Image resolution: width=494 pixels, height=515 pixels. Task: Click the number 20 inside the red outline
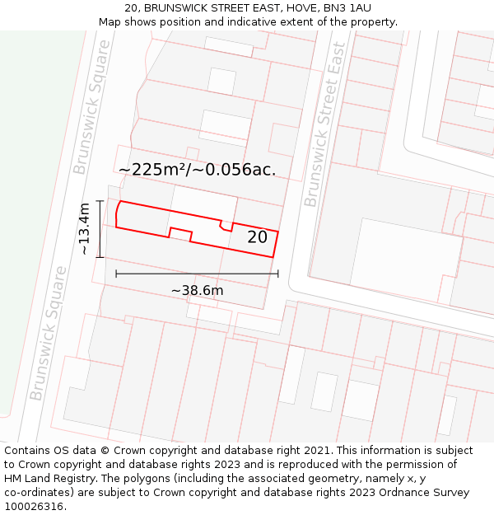pos(257,237)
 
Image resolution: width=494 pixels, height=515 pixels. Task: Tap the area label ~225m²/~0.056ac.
pos(198,170)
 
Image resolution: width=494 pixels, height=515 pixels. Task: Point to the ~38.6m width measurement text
pos(197,290)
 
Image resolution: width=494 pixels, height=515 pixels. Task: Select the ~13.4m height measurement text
pos(84,228)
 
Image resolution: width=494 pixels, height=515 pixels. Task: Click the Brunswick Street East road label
pos(324,137)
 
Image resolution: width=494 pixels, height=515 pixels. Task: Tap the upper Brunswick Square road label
pos(91,108)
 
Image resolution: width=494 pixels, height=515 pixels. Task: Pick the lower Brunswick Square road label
pos(49,333)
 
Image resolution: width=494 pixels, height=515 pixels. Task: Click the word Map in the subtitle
pos(110,22)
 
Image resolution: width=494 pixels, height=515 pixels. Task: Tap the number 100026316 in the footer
pos(35,507)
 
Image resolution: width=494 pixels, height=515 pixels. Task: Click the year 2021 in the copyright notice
pos(317,451)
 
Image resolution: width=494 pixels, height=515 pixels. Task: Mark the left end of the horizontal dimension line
pos(116,274)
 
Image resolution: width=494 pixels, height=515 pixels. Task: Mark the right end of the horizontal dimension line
pos(278,274)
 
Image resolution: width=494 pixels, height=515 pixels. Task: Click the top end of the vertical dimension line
pos(100,200)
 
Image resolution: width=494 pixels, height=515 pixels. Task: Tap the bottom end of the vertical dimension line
pos(100,257)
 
